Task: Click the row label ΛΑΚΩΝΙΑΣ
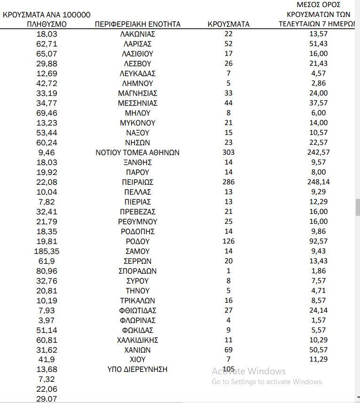click(137, 34)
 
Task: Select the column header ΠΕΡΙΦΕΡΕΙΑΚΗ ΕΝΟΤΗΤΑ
click(137, 24)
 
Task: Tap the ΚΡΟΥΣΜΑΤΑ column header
click(229, 24)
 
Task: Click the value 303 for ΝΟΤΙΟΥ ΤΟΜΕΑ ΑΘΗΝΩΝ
click(229, 152)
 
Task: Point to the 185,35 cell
click(47, 251)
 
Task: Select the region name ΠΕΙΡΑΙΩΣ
click(137, 182)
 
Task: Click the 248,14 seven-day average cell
click(319, 182)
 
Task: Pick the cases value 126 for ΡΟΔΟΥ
click(229, 241)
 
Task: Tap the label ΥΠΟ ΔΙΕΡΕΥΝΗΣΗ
click(137, 369)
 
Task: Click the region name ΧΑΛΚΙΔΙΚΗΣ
click(137, 340)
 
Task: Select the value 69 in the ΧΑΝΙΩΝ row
click(229, 350)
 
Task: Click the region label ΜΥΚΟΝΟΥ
click(137, 123)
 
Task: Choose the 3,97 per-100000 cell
click(47, 320)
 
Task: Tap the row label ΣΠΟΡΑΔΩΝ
click(137, 271)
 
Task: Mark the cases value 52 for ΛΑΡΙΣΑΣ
click(229, 44)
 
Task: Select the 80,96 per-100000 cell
click(47, 271)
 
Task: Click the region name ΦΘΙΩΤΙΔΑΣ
click(137, 310)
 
